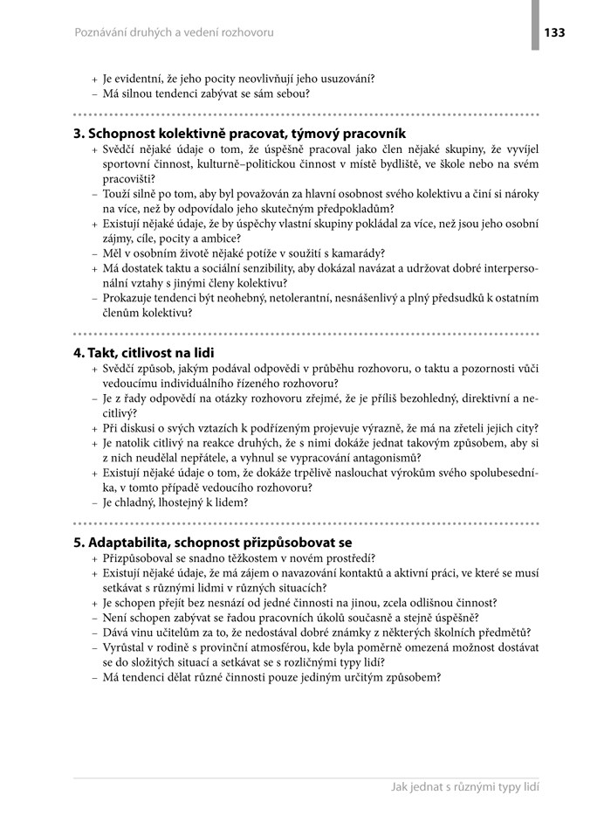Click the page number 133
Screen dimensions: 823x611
[x=554, y=32]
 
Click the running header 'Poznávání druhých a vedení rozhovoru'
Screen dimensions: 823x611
[x=174, y=32]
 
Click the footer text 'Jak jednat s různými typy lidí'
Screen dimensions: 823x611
[x=465, y=787]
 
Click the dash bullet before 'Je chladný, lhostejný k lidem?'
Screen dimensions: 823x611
[x=94, y=503]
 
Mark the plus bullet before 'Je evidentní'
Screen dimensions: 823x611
[x=94, y=79]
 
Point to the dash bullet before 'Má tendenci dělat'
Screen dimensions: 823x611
[x=94, y=677]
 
